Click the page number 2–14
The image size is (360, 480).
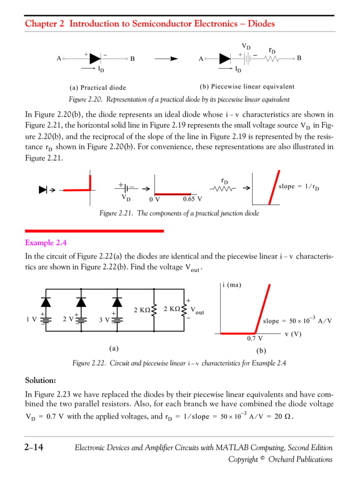(x=34, y=448)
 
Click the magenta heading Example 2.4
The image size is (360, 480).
(x=46, y=243)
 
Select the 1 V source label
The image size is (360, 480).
(x=32, y=319)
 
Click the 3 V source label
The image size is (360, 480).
(x=104, y=320)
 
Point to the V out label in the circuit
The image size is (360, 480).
(x=197, y=311)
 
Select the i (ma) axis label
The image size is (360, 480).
(x=231, y=285)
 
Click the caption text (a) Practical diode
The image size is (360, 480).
(x=98, y=88)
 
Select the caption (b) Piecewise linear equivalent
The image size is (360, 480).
(x=247, y=87)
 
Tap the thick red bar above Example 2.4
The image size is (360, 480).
(x=95, y=231)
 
